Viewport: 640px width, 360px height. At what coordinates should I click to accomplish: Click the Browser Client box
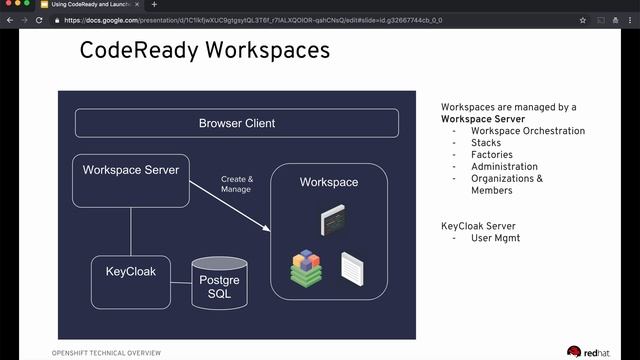coord(236,123)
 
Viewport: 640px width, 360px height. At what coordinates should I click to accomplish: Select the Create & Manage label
coord(237,184)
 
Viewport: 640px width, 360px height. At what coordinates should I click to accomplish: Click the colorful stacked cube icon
coord(306,267)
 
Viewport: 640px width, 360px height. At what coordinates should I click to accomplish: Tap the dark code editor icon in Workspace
coord(332,219)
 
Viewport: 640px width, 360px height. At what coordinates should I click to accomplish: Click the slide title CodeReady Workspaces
coord(204,49)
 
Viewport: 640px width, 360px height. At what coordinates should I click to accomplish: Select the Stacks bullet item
coord(486,143)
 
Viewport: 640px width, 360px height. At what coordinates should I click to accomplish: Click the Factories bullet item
coord(492,155)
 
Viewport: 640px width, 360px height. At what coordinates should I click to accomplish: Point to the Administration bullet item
coord(504,167)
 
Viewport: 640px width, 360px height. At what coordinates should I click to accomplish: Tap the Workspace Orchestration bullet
coord(528,131)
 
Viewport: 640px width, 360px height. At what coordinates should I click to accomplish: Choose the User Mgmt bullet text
coord(495,238)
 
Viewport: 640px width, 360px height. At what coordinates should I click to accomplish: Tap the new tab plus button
coord(154,5)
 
